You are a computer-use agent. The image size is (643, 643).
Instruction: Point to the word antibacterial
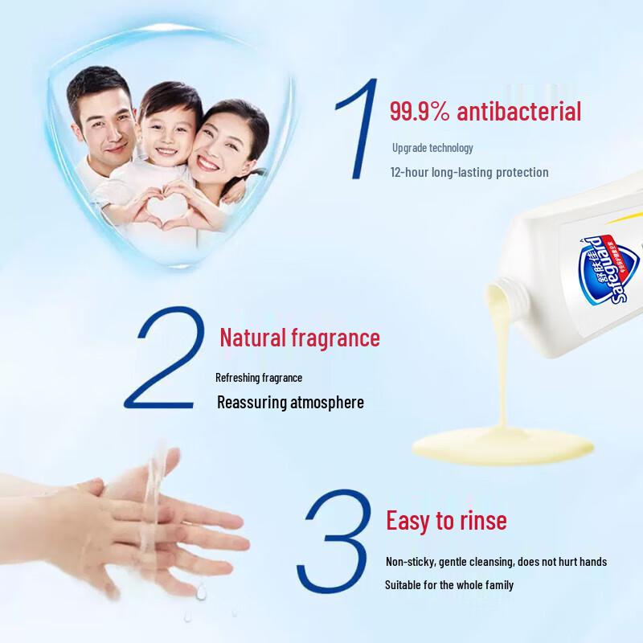[518, 111]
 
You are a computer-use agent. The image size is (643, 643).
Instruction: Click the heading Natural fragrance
[299, 338]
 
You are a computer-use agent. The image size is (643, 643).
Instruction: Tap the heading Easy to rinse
[446, 520]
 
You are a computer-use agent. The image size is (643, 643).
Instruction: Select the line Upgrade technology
[432, 148]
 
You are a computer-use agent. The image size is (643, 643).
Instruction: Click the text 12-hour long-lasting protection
[469, 172]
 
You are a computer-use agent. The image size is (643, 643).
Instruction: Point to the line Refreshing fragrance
[259, 377]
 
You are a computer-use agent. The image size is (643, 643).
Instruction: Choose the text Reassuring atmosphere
[290, 402]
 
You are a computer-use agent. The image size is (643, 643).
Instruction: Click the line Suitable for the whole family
[448, 585]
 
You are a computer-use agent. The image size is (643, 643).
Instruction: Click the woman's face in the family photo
[221, 143]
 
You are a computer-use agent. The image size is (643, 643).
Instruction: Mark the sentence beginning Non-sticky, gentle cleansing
[496, 562]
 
